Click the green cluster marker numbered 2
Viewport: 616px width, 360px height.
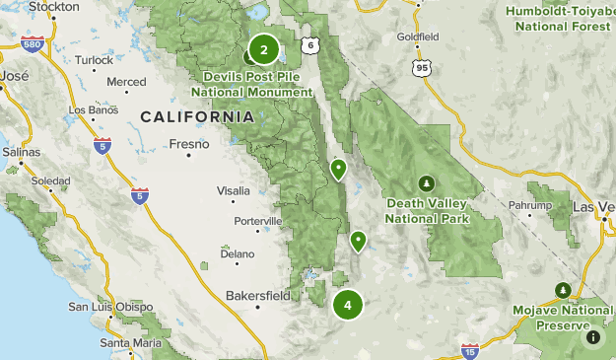point(263,48)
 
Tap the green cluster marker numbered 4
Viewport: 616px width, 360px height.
point(348,305)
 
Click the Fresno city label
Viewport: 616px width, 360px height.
point(189,144)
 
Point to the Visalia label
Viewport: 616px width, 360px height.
point(234,190)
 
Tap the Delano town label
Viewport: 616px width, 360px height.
point(237,253)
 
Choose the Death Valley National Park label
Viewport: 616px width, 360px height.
point(426,210)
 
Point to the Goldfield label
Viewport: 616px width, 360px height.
point(417,36)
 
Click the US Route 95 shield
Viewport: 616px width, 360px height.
point(423,67)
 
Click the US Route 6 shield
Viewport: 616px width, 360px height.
point(310,45)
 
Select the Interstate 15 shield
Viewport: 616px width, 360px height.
point(470,350)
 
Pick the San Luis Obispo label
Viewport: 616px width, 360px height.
point(105,307)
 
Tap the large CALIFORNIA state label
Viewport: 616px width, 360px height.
point(197,116)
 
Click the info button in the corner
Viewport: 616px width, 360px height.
point(593,337)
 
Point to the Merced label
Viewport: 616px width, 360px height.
point(126,82)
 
